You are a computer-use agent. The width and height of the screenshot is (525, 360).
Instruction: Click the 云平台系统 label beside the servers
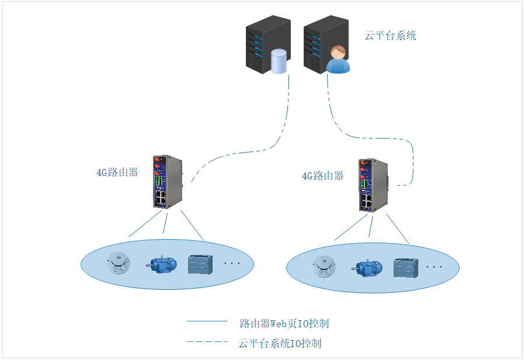(390, 36)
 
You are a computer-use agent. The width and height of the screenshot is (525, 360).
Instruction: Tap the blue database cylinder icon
(280, 62)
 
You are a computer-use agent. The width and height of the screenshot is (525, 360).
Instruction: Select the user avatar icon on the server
(338, 59)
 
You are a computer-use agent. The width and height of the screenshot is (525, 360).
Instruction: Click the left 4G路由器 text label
(117, 172)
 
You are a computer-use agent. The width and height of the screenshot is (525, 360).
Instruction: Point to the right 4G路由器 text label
(322, 176)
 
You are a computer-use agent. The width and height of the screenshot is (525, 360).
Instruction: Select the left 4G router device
(167, 181)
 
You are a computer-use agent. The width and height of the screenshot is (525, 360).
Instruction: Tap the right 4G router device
(372, 184)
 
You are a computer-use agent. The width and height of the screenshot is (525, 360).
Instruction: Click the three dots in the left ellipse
(232, 264)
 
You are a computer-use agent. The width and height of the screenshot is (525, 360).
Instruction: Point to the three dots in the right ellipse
(434, 267)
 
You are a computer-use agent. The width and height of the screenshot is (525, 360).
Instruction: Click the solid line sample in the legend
(207, 321)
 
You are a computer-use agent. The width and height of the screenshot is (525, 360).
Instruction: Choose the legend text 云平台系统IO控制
(280, 343)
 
